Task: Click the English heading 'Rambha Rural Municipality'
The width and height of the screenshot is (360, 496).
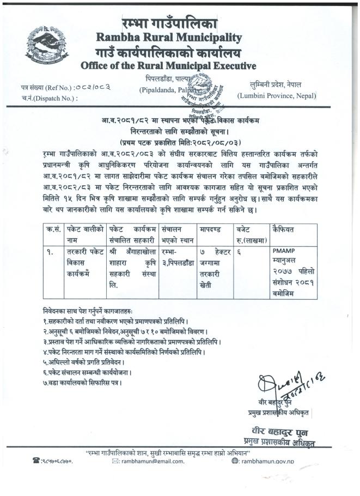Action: [x=169, y=37]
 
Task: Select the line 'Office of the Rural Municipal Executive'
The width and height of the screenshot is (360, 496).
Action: [x=168, y=66]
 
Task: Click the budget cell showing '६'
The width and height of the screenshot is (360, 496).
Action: [x=237, y=252]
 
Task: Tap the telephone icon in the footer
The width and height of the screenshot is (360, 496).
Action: [x=37, y=461]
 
